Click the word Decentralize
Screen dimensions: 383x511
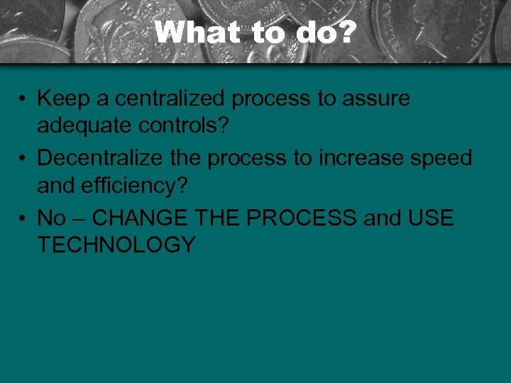click(96, 158)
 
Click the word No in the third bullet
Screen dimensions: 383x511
click(51, 218)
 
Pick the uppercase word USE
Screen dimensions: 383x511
click(431, 218)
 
